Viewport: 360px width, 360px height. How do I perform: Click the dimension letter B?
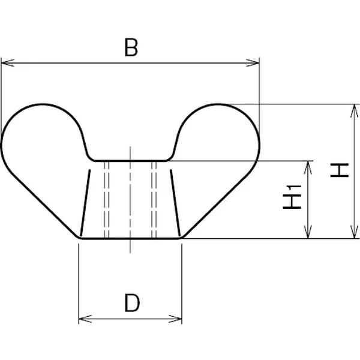(131, 47)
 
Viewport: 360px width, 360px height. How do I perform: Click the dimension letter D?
(132, 303)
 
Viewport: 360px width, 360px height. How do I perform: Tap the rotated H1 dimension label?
(292, 197)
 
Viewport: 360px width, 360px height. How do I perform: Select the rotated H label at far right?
(340, 170)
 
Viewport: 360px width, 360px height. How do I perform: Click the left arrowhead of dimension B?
(8, 62)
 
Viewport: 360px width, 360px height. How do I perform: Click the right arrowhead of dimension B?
(253, 62)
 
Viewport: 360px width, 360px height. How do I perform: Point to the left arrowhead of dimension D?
(85, 319)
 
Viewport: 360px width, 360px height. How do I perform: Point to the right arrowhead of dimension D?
(175, 319)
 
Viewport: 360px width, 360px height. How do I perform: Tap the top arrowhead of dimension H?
(355, 111)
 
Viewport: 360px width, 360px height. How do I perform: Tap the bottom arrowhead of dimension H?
(355, 232)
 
